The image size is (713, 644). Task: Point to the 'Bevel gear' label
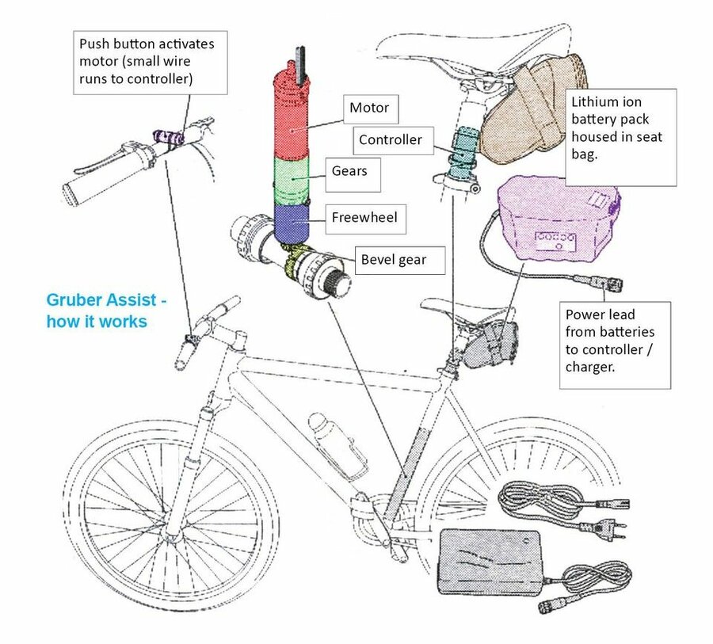click(394, 259)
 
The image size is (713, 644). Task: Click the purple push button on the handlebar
click(171, 138)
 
